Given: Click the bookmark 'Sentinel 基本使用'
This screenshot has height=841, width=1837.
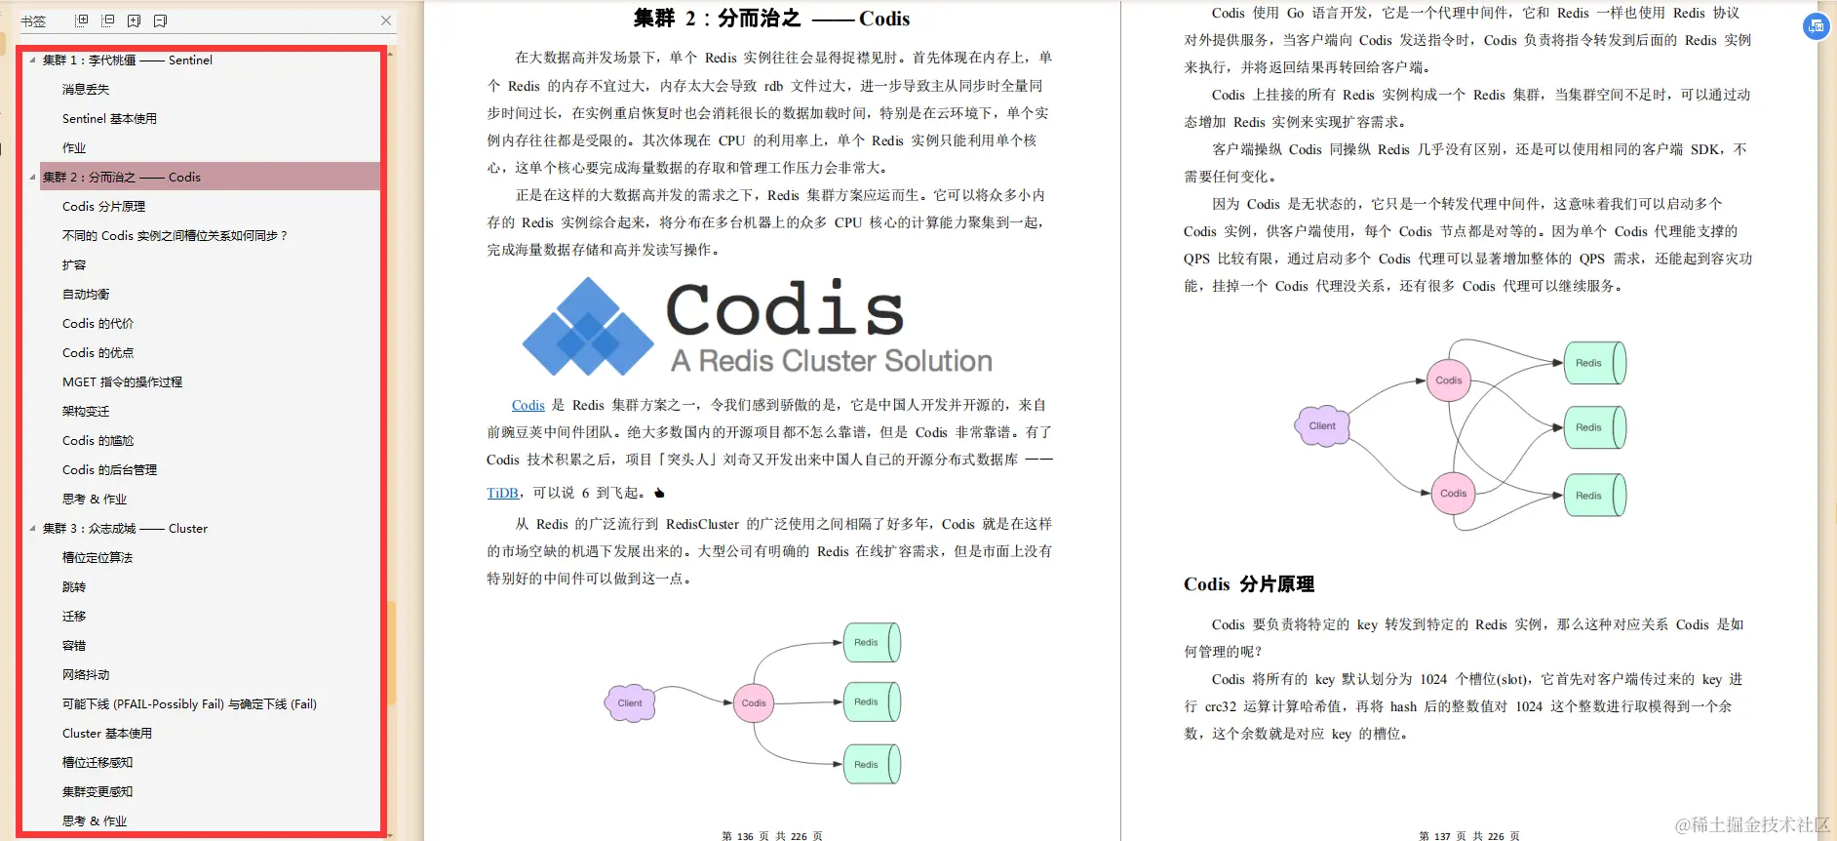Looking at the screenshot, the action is tap(109, 118).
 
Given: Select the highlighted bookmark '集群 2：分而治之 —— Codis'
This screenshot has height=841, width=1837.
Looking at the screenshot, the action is tap(122, 177).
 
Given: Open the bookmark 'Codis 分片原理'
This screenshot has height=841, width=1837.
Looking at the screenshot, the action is tap(103, 206).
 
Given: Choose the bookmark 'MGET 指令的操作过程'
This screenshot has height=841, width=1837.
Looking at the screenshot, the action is tap(122, 381).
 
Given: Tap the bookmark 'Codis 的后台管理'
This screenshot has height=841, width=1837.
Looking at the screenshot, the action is tap(109, 469).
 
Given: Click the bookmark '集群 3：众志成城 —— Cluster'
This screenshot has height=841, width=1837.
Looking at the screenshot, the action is tap(125, 528).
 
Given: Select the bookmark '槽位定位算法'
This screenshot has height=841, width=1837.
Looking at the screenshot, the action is tap(98, 557).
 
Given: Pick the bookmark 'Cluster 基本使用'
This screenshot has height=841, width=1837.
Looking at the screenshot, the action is tap(107, 733).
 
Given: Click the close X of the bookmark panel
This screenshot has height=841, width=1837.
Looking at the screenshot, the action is tap(386, 20).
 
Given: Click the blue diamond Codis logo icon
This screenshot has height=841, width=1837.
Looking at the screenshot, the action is tap(587, 328).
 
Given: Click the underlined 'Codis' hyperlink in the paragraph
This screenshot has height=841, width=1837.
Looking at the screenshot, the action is tap(528, 405).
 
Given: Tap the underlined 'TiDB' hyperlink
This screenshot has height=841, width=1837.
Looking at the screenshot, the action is tap(502, 493).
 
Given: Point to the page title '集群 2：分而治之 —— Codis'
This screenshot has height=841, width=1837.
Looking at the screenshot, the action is tap(771, 19).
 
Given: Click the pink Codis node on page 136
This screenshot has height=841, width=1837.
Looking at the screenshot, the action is tap(754, 702).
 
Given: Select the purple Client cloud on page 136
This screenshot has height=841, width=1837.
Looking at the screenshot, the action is tap(630, 702).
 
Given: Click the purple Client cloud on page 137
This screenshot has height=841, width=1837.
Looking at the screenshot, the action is tap(1322, 425).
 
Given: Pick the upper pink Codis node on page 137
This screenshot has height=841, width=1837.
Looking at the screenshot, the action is tap(1448, 380).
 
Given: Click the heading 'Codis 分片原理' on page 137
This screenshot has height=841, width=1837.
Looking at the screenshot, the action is tap(1248, 584).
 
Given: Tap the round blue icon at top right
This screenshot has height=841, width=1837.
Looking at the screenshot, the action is tap(1816, 26).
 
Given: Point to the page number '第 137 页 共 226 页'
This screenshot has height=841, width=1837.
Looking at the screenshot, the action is tap(1468, 836).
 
